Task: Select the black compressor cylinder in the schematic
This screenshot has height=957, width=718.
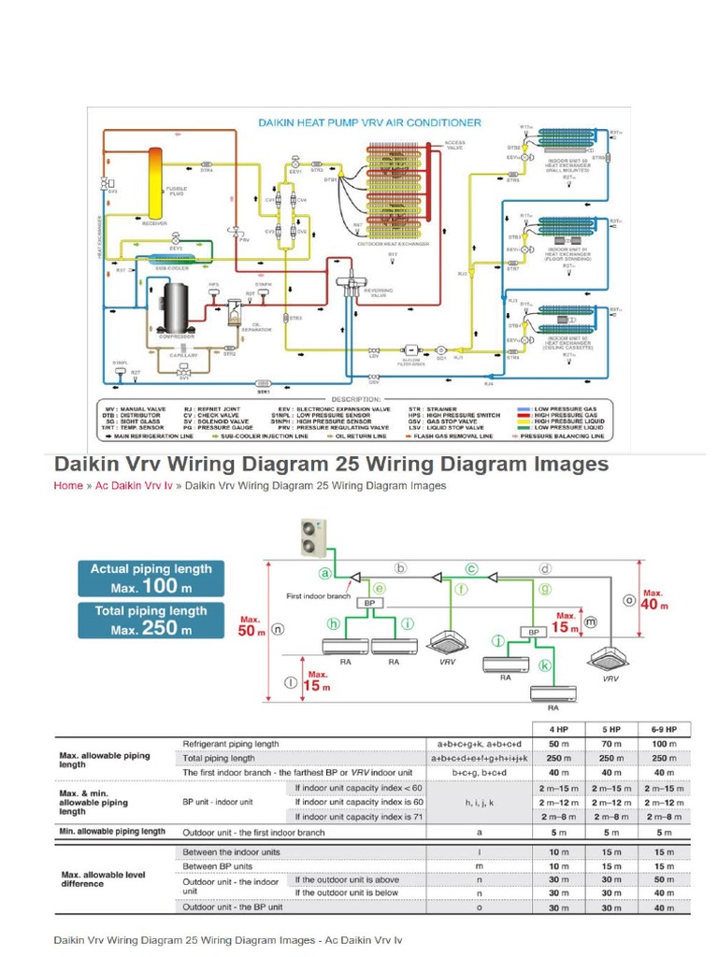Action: coord(175,306)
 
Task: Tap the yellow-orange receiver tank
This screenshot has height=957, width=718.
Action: coord(151,181)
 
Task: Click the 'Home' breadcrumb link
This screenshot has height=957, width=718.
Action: coord(68,486)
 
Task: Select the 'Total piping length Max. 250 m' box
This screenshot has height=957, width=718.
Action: coord(151,620)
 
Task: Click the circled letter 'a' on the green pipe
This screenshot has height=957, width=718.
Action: coord(325,573)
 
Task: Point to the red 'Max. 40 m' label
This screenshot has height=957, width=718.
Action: coord(653,599)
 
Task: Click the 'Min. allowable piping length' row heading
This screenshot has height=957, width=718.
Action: coord(112,831)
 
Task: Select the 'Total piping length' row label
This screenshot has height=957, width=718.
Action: coord(218,758)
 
